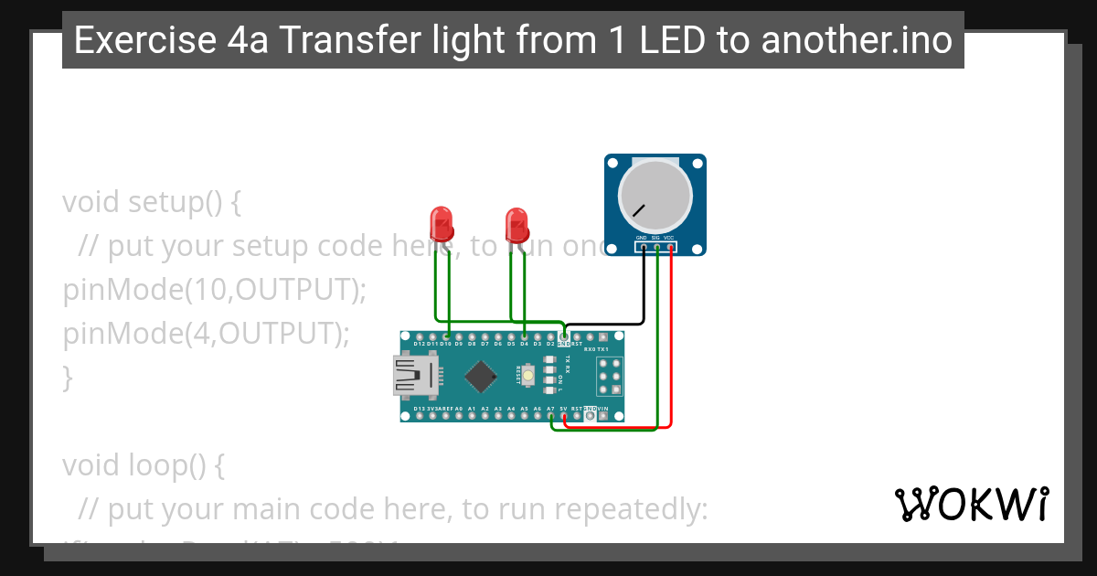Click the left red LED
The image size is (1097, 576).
pyautogui.click(x=441, y=222)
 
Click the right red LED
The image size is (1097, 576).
pyautogui.click(x=517, y=222)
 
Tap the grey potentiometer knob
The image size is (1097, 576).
pyautogui.click(x=655, y=195)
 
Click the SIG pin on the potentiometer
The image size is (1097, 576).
pyautogui.click(x=656, y=248)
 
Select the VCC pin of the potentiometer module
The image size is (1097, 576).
pyautogui.click(x=670, y=248)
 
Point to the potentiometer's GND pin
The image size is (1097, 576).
pyautogui.click(x=643, y=248)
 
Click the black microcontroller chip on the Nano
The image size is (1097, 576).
pyautogui.click(x=480, y=376)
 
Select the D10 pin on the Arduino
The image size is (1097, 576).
pyautogui.click(x=445, y=337)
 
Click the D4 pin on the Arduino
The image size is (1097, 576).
pyautogui.click(x=524, y=337)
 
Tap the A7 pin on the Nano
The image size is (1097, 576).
pyautogui.click(x=550, y=415)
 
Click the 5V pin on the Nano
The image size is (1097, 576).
pyautogui.click(x=564, y=415)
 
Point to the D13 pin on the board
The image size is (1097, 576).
pyautogui.click(x=419, y=415)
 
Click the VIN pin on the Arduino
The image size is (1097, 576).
pyautogui.click(x=603, y=415)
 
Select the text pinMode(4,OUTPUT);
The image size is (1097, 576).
pyautogui.click(x=206, y=334)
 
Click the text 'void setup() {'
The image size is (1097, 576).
pyautogui.click(x=152, y=201)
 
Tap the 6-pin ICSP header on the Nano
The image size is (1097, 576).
pyautogui.click(x=610, y=376)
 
